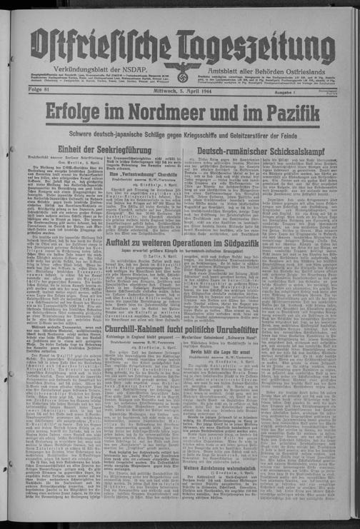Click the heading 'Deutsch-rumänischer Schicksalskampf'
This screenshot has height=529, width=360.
261,152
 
